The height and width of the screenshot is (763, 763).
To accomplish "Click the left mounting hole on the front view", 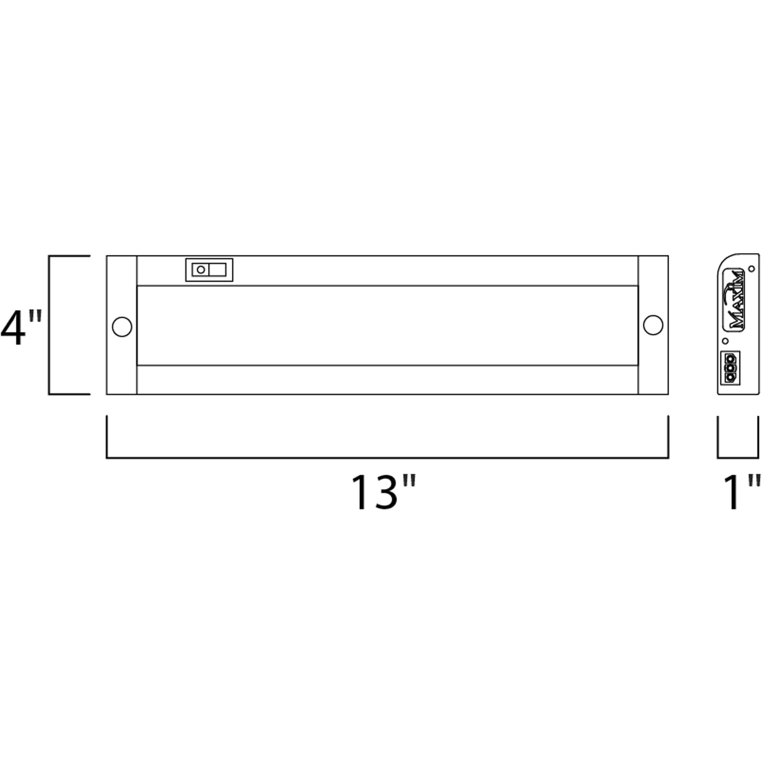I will (122, 327).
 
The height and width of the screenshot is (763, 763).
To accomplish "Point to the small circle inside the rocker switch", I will (201, 270).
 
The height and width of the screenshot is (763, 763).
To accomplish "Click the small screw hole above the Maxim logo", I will (751, 268).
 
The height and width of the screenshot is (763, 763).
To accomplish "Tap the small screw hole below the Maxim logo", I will (725, 340).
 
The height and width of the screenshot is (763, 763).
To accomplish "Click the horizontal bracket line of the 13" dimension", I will (387, 458).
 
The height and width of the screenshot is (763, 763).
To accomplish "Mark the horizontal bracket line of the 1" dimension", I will (738, 458).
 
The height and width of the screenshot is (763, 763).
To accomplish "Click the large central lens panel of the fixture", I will (387, 325).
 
